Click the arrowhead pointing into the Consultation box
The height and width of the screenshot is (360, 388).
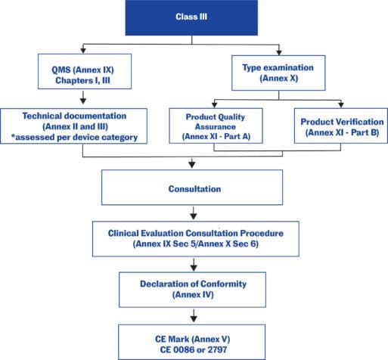tap(192, 164)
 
